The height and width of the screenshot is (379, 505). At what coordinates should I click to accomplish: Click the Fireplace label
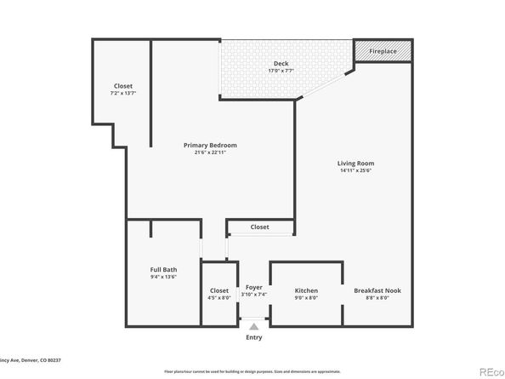tap(383, 52)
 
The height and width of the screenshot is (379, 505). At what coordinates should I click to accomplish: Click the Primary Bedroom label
tap(210, 145)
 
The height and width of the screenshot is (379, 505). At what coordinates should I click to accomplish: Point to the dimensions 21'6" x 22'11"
tap(210, 153)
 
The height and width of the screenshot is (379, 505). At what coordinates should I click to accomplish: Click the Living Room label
tap(355, 163)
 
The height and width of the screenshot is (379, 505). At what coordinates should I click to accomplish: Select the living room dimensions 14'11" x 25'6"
tap(355, 171)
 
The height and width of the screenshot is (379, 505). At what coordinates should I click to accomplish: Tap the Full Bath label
tap(163, 270)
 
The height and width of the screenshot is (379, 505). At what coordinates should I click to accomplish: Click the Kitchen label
tap(306, 290)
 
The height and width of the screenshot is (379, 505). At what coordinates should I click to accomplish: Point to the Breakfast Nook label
tap(377, 290)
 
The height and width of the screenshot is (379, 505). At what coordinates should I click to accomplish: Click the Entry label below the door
tap(254, 337)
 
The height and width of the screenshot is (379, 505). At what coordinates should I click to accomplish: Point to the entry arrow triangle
tap(254, 325)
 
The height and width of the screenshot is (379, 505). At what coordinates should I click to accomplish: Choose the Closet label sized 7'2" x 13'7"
tap(123, 86)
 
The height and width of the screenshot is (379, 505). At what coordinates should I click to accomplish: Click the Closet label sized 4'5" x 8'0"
tap(219, 290)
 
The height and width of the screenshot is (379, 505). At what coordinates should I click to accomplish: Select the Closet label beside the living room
tap(260, 227)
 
